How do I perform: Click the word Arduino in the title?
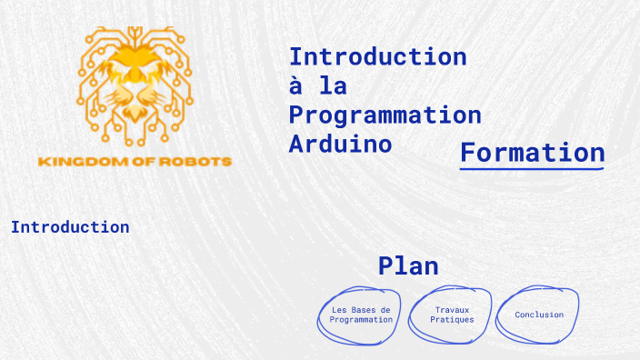(340, 144)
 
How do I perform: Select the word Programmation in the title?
(385, 115)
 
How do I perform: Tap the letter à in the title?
(295, 85)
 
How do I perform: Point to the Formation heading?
(532, 152)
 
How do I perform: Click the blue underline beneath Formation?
(532, 169)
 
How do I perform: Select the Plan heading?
(408, 266)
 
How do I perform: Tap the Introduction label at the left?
(70, 227)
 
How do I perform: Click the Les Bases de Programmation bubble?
(361, 315)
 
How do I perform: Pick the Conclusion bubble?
(539, 315)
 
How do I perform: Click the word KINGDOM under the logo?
(78, 162)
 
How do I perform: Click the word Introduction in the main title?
(377, 56)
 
